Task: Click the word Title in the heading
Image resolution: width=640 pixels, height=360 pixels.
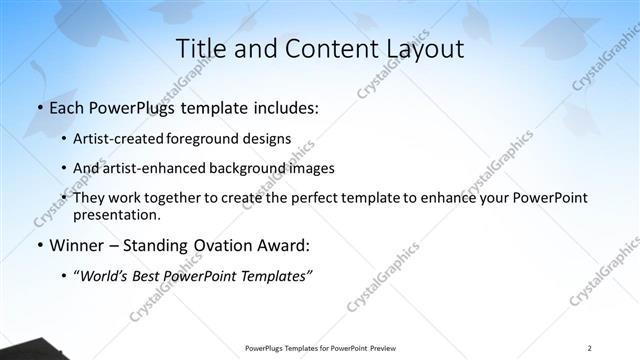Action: [199, 48]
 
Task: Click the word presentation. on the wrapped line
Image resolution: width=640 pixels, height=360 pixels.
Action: [116, 214]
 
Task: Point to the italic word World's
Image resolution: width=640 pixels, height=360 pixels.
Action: [102, 275]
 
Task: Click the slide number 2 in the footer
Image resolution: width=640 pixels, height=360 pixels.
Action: [590, 347]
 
